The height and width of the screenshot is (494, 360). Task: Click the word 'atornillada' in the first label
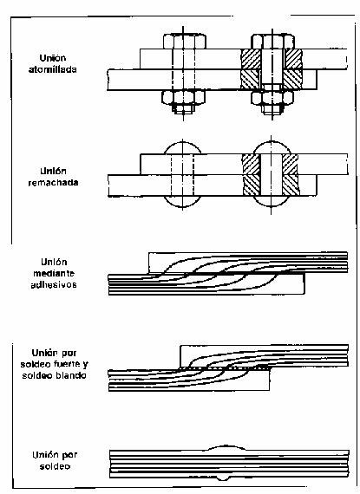click(x=53, y=69)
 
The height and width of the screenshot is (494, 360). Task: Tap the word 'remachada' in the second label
click(x=53, y=183)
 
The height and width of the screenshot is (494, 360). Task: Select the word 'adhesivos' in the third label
click(x=54, y=285)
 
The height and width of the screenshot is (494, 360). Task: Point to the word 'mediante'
click(x=54, y=273)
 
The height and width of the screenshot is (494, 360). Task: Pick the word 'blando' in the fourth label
click(x=70, y=375)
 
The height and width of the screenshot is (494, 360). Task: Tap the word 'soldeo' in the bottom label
click(x=55, y=466)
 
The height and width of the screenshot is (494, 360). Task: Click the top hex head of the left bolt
click(x=185, y=42)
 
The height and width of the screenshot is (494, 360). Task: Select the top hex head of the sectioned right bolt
click(x=272, y=42)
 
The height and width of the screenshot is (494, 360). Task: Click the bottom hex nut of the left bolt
click(x=183, y=97)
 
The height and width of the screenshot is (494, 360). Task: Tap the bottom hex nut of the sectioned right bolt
click(x=272, y=97)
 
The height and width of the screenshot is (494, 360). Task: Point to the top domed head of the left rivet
click(x=182, y=148)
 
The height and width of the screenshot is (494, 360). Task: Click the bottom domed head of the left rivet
click(x=182, y=202)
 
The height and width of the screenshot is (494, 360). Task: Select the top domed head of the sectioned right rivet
click(x=272, y=148)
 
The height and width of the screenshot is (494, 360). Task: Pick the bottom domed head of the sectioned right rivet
click(x=272, y=202)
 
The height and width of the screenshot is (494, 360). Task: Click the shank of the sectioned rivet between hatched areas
click(x=272, y=175)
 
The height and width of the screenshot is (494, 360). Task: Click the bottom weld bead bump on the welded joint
click(x=224, y=478)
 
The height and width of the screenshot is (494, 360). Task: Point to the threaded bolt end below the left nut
click(x=183, y=108)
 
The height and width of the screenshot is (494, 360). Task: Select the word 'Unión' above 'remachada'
click(x=53, y=171)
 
